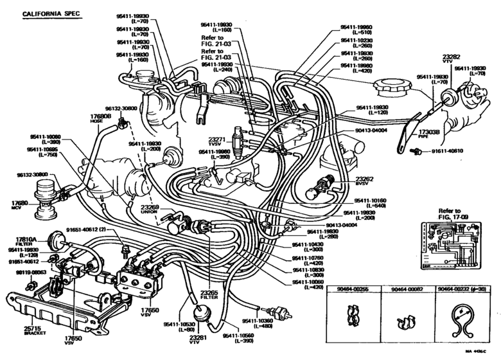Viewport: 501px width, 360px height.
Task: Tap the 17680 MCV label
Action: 19,204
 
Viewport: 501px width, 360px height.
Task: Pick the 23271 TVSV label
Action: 216,141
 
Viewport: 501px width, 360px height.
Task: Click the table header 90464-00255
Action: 355,289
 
